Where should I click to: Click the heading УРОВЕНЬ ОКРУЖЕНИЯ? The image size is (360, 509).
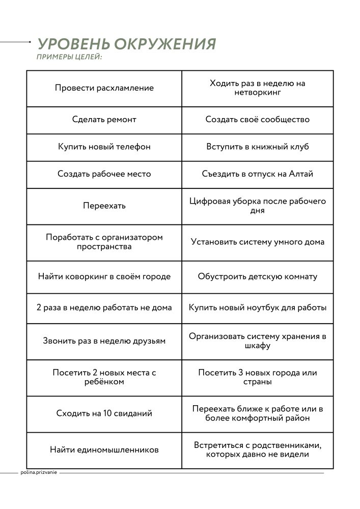(x=127, y=44)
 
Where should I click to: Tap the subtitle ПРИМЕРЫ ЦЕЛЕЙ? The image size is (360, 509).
(x=70, y=57)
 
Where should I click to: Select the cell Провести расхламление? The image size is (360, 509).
(x=104, y=88)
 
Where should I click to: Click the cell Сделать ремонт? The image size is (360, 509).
(x=104, y=120)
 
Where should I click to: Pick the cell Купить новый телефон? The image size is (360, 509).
(x=104, y=147)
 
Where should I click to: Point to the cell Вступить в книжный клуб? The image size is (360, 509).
(x=258, y=147)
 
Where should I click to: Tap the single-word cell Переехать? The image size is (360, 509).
(x=104, y=206)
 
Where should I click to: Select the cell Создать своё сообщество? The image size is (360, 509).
(x=258, y=120)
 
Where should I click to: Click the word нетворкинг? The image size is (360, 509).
(x=258, y=93)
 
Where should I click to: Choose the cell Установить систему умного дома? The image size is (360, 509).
(x=258, y=242)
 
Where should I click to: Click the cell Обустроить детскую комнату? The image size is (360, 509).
(x=258, y=277)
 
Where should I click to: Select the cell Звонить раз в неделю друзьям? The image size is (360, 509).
(x=104, y=341)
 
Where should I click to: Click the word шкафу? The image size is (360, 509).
(x=258, y=346)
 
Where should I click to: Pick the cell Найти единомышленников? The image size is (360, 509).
(x=104, y=450)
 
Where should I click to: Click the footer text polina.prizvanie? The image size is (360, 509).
(x=39, y=472)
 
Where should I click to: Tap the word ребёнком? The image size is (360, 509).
(x=104, y=382)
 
